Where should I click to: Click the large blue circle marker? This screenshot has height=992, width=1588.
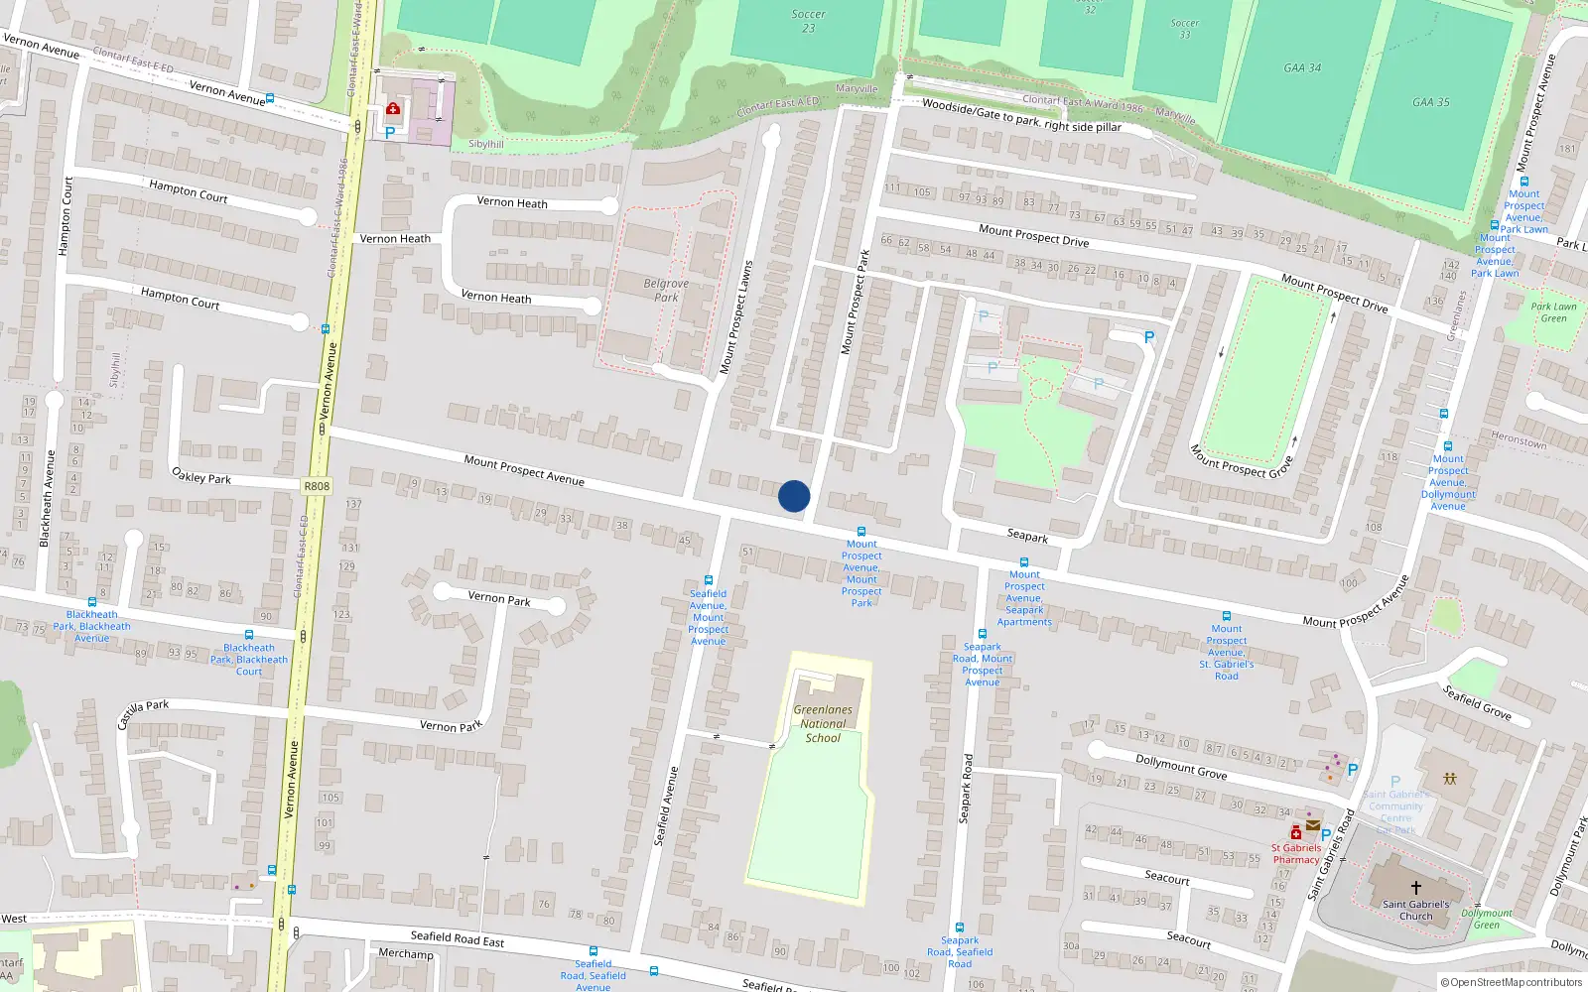coord(794,496)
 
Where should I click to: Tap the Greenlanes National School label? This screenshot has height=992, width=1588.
coord(823,723)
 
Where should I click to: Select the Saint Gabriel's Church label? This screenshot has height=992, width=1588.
coord(1415,910)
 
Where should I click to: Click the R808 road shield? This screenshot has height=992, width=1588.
coord(317,486)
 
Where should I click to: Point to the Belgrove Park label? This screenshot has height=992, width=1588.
coord(666,290)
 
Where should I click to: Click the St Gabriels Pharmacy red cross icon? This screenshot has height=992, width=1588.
coord(1296,833)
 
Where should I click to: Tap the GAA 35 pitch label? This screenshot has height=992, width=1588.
coord(1430,102)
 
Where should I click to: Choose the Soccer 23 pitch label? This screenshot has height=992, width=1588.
coord(808,21)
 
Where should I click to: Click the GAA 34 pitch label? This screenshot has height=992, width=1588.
coord(1302,68)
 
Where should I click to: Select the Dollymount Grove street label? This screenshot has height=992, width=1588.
coord(1181,766)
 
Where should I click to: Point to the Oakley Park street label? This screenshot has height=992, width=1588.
coord(201,476)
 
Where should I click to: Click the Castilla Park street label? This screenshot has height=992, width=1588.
coord(143,713)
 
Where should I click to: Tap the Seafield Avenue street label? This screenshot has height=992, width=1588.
coord(666,806)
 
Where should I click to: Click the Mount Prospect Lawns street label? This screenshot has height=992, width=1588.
coord(736,317)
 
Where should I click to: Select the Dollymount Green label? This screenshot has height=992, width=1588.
coord(1486,919)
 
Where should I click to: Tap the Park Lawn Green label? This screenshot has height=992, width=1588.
coord(1553,312)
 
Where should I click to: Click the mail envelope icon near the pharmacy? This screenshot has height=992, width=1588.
coord(1313,825)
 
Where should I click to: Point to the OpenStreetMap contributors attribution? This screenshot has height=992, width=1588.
coord(1511,982)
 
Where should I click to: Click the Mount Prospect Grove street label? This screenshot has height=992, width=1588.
coord(1242,461)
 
